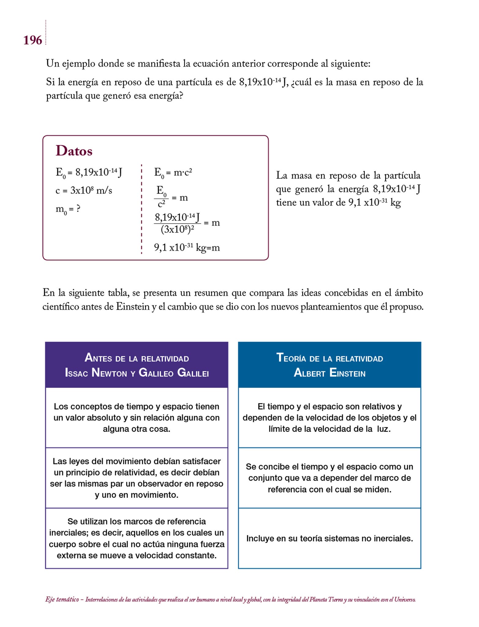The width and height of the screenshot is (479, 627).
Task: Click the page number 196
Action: click(x=32, y=40)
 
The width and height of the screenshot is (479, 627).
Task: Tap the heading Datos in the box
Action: click(x=74, y=151)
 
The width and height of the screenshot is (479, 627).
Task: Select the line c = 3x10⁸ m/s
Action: click(x=84, y=190)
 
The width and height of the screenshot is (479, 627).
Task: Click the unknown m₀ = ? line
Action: click(x=68, y=209)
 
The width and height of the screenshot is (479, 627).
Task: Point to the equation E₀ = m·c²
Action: click(x=173, y=173)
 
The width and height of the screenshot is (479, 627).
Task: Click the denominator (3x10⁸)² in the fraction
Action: click(x=177, y=230)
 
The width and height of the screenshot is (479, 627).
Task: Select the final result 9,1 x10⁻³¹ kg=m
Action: click(x=187, y=247)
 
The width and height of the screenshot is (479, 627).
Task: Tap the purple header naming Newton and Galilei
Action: click(x=137, y=365)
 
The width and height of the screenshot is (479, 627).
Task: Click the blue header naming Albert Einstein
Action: click(x=330, y=365)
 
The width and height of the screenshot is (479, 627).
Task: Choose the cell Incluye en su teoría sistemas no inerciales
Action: click(x=330, y=538)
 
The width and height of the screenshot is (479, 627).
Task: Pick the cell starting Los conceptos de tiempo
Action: click(x=137, y=418)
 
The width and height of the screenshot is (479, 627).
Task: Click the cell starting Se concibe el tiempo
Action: click(x=330, y=478)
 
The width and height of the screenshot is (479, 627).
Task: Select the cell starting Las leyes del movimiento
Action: click(x=137, y=478)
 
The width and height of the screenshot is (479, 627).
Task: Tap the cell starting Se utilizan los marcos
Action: click(x=137, y=538)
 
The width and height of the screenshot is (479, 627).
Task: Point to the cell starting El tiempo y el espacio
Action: click(x=330, y=418)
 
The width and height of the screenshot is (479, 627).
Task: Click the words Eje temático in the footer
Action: click(x=62, y=599)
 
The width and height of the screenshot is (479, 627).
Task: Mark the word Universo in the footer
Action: click(x=405, y=599)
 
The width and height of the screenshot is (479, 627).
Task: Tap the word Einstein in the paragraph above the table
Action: click(x=133, y=306)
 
